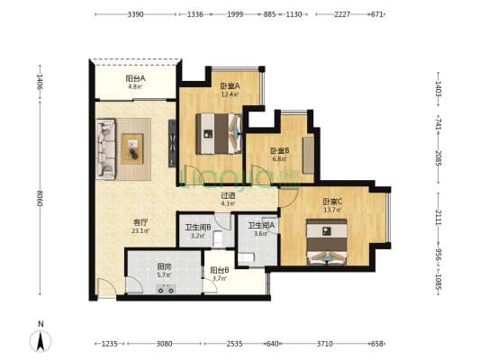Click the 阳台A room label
135,78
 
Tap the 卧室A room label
230,86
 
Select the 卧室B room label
279,151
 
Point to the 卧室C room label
332,202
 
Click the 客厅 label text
140,222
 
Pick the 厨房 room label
164,266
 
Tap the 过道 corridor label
228,194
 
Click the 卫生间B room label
198,228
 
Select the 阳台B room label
220,270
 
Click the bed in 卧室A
219,134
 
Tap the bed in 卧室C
327,241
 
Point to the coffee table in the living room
132,149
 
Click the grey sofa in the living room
105,149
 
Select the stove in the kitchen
166,289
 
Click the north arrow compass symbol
41,340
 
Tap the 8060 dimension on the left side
40,198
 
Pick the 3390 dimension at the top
135,14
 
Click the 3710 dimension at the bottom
324,344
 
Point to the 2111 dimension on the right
439,218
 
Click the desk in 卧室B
308,155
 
